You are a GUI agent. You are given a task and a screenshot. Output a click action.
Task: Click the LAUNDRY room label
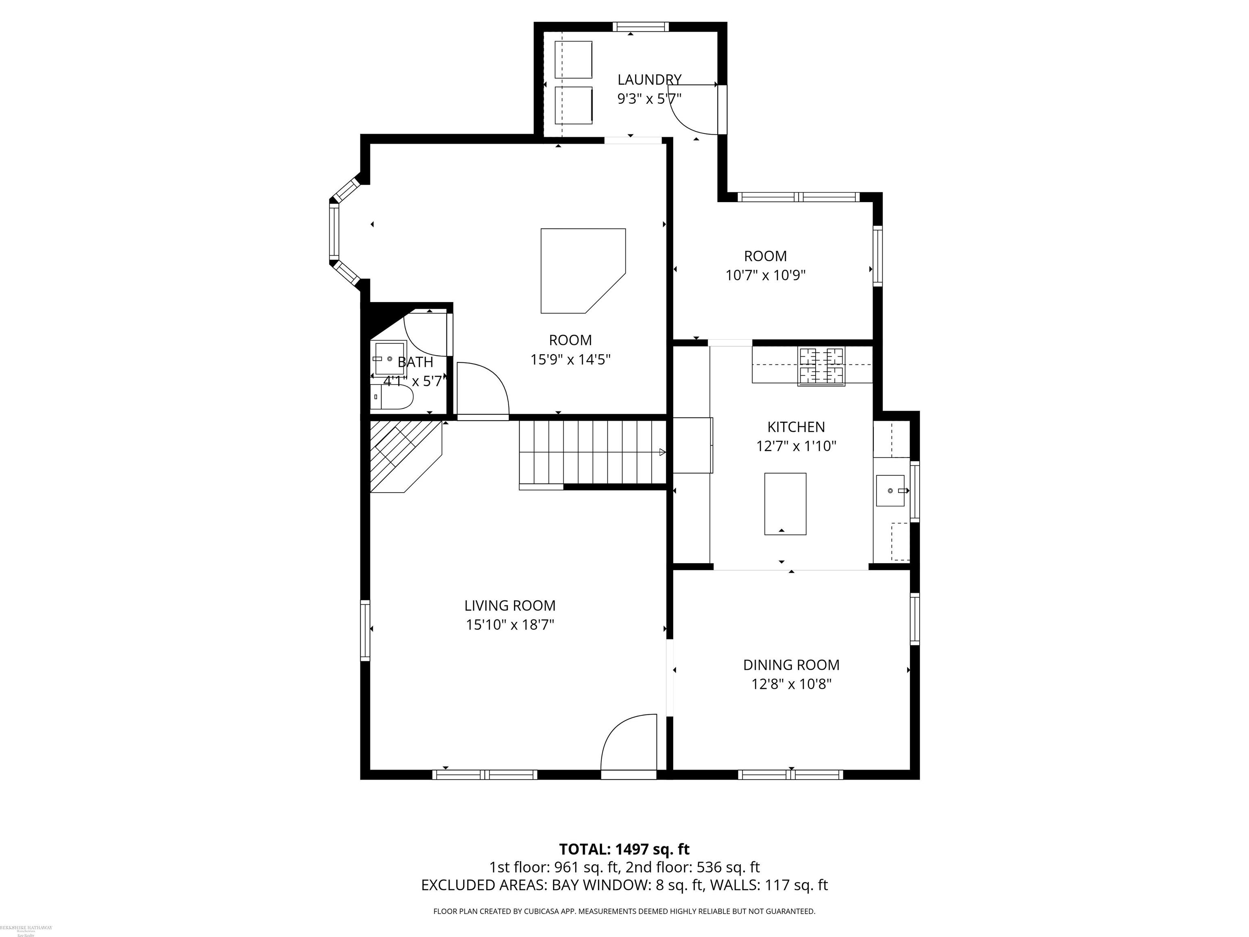(649, 80)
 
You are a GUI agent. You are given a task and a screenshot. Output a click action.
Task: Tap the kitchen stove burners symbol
(821, 366)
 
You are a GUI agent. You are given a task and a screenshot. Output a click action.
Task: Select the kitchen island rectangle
(785, 504)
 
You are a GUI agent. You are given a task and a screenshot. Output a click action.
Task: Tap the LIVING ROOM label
(509, 606)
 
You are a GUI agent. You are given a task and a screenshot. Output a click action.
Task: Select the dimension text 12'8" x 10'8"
(791, 684)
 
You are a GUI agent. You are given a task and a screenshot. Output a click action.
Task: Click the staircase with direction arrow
(593, 452)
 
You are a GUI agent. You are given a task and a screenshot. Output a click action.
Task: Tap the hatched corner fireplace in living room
(402, 455)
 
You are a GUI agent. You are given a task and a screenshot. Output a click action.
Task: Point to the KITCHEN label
(796, 427)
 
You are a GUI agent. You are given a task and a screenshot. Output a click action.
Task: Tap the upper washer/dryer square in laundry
(573, 59)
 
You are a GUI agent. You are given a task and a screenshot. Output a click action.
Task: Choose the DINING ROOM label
(791, 665)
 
